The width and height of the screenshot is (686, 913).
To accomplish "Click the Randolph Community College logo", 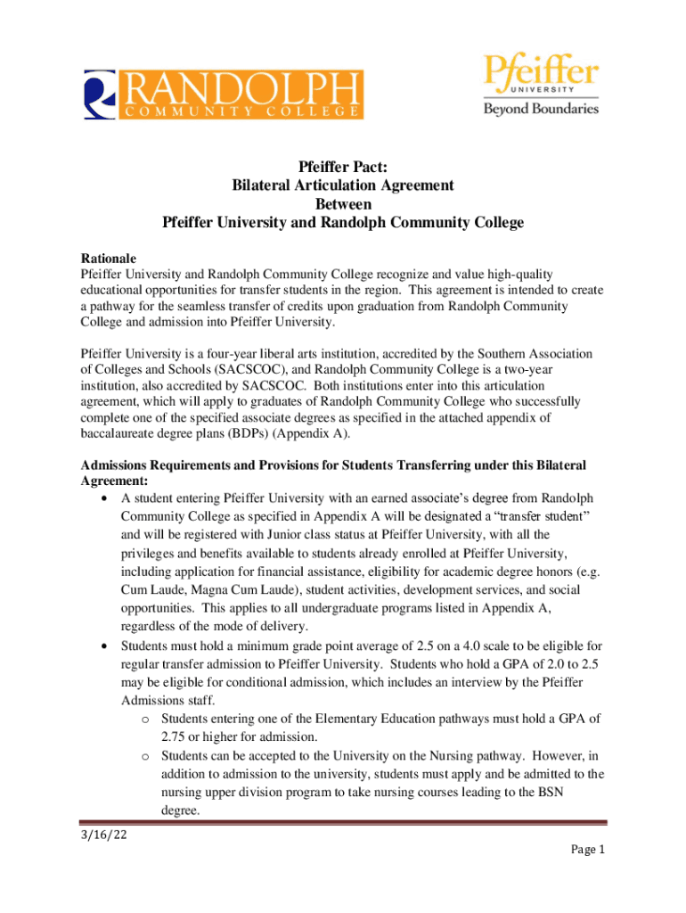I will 224,94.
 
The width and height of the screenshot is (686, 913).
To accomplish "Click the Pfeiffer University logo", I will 541,82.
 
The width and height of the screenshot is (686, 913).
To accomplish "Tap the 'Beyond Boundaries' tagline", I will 541,109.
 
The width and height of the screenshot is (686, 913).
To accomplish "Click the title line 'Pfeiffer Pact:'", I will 343,167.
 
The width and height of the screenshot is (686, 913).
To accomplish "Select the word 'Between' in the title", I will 343,204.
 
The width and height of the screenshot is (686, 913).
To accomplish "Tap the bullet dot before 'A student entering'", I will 107,498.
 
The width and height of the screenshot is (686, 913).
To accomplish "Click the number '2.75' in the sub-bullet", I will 176,737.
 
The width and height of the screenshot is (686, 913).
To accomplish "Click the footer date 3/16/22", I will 105,836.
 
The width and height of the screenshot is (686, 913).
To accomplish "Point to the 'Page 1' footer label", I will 587,850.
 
